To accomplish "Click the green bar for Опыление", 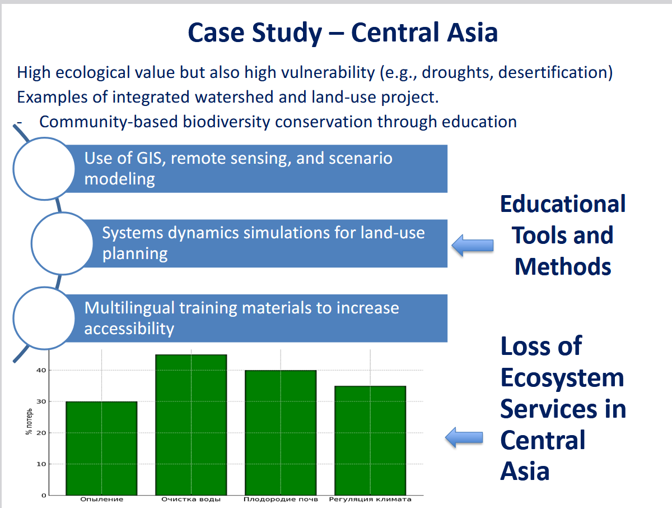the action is [102, 448].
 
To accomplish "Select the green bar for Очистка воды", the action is [191, 424].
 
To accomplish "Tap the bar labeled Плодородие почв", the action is [281, 433].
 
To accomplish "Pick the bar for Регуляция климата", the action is [370, 441].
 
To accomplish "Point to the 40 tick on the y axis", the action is [41, 370].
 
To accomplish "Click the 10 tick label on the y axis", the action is [41, 464].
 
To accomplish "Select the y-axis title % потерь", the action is [29, 421].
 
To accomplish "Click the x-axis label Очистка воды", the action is [191, 500].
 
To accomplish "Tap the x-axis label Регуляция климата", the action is [370, 500].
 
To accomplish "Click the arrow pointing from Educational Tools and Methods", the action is [473, 245].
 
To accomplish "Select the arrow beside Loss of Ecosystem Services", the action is [464, 437].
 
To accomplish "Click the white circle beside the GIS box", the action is [44, 169].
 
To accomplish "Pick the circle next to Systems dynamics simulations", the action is [62, 243].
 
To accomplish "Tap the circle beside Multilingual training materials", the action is [44, 318].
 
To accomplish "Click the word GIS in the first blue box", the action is [149, 159].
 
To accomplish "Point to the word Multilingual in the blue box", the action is [129, 308].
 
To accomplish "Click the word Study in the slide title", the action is [287, 33].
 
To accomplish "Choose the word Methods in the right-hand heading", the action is [563, 266].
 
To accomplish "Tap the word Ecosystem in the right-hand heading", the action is [562, 378].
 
